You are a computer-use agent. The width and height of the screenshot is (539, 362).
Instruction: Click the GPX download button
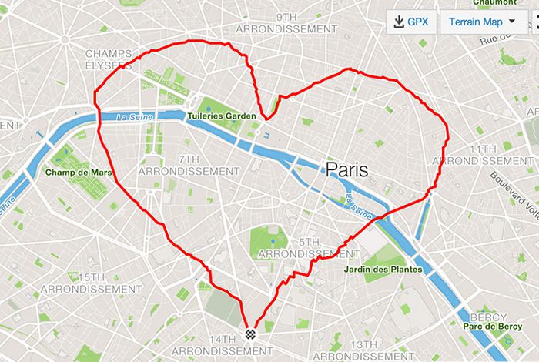click(412, 22)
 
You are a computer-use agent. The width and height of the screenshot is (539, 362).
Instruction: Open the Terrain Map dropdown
click(483, 22)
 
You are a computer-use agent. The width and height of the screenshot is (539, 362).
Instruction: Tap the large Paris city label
click(347, 169)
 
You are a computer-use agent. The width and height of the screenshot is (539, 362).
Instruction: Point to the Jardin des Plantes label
click(383, 270)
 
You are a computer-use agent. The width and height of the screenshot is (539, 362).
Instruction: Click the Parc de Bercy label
click(493, 327)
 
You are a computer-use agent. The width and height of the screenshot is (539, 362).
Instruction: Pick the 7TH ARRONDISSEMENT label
click(199, 165)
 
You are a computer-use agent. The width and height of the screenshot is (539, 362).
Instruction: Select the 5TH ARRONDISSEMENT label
click(308, 247)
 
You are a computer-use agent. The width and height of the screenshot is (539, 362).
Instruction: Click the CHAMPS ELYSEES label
click(109, 59)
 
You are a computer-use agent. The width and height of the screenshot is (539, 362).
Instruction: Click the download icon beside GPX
click(399, 22)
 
